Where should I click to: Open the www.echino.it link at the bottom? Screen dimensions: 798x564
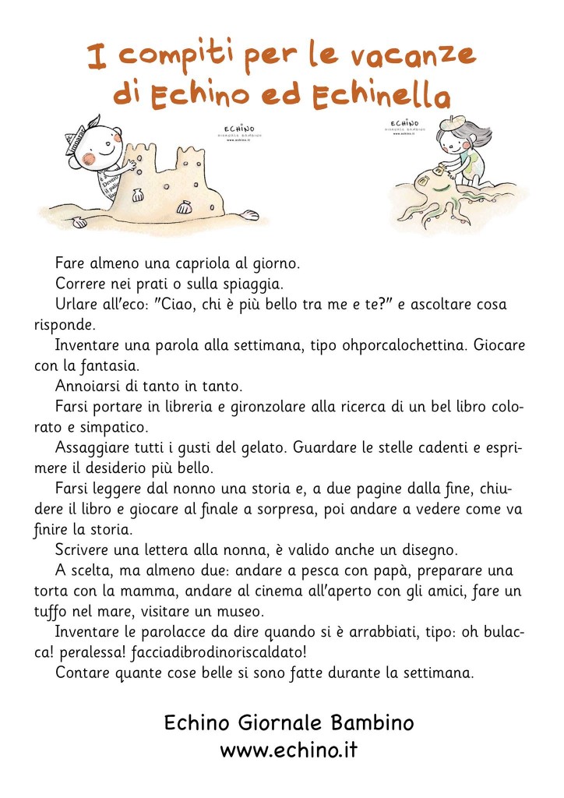coord(289,750)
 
